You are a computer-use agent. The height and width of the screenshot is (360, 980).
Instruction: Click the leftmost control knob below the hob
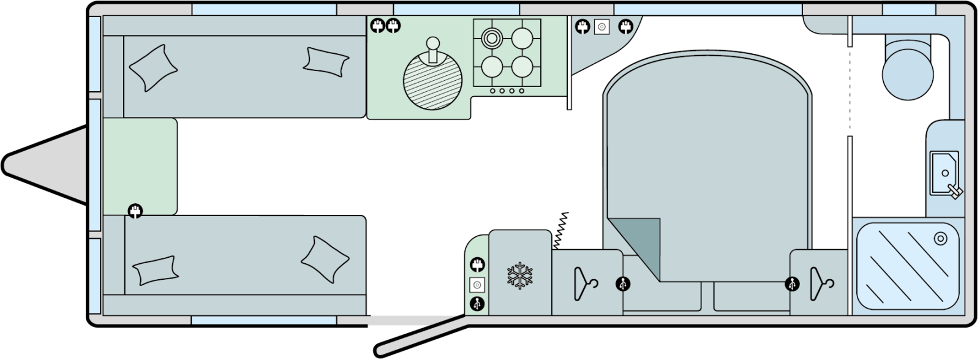point(492,91)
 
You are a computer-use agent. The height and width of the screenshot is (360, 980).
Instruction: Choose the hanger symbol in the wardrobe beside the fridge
point(585,284)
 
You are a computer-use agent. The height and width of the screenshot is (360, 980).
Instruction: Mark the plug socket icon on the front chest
point(135,211)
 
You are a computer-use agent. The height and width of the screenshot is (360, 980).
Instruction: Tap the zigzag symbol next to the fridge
point(562,230)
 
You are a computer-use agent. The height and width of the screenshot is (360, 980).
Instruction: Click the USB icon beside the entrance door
point(477,303)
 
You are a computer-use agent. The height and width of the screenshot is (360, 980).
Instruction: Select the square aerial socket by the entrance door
point(477,285)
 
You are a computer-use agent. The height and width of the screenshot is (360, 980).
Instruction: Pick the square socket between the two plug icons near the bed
point(601,27)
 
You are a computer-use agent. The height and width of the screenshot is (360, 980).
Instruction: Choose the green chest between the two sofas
point(140,165)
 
